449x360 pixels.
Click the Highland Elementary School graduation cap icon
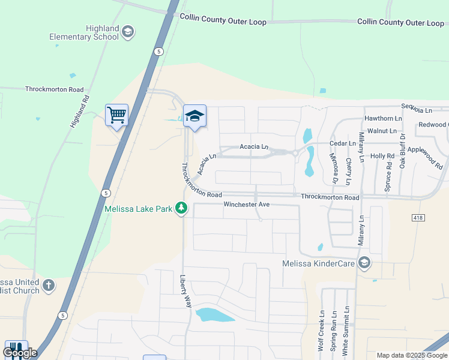pyautogui.click(x=127, y=31)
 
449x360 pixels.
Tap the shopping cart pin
pyautogui.click(x=116, y=114)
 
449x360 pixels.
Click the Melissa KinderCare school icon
pyautogui.click(x=364, y=263)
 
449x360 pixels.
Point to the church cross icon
pyautogui.click(x=49, y=286)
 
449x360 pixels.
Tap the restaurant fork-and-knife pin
pyautogui.click(x=16, y=349)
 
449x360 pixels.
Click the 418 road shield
pyautogui.click(x=418, y=218)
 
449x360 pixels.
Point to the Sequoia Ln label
pyautogui.click(x=417, y=110)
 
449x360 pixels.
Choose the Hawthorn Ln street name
pyautogui.click(x=382, y=119)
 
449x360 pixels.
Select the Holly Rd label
pyautogui.click(x=382, y=156)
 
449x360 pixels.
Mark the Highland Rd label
pyautogui.click(x=79, y=111)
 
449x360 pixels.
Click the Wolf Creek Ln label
pyautogui.click(x=321, y=331)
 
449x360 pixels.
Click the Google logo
pyautogui.click(x=20, y=353)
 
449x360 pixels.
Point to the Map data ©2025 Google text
pyautogui.click(x=412, y=355)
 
